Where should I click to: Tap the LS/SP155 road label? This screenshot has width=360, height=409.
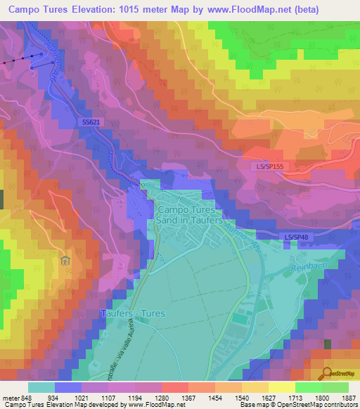click(x=271, y=167)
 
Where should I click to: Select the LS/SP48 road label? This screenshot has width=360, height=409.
click(x=297, y=238)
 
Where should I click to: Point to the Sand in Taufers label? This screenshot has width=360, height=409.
click(x=187, y=220)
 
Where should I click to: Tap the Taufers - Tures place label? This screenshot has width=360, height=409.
click(x=134, y=313)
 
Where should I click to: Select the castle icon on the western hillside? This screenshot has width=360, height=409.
click(x=65, y=261)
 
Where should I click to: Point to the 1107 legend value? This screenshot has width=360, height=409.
click(x=103, y=398)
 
